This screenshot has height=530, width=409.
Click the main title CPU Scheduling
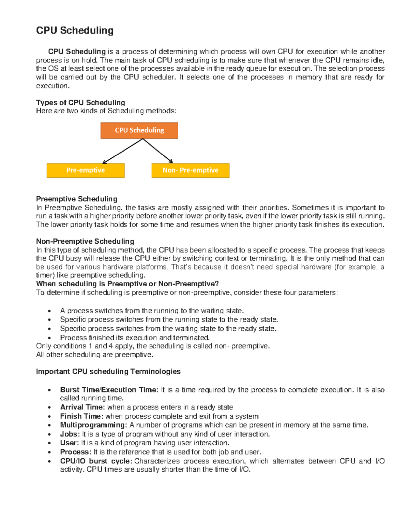[75, 30]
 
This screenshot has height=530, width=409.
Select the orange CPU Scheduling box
[139, 130]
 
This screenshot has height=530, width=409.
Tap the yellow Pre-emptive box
[86, 170]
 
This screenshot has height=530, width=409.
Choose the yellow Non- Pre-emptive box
[190, 170]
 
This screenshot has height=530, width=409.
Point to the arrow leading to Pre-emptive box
[122, 151]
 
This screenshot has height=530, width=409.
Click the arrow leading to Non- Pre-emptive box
[158, 151]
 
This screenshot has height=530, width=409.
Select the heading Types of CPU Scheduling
[80, 102]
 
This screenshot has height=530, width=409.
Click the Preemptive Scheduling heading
[77, 199]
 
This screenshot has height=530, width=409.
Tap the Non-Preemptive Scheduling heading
[85, 241]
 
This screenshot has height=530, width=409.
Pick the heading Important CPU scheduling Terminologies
[108, 371]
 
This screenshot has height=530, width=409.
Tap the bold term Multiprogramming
[93, 425]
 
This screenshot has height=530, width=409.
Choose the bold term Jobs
[70, 434]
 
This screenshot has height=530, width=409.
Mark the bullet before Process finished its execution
[50, 338]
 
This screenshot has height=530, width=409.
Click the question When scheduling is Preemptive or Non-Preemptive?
[127, 284]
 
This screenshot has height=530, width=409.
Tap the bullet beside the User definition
[50, 443]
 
